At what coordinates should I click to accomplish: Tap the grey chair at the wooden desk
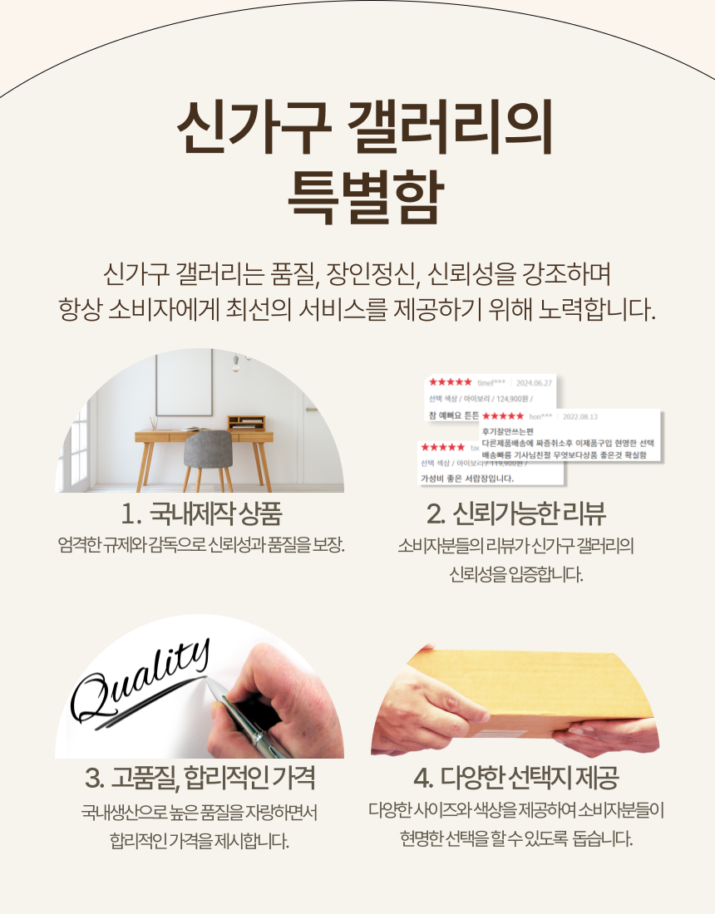[207, 453]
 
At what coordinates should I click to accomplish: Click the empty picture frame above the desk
[185, 382]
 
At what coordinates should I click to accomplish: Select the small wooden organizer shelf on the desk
[246, 423]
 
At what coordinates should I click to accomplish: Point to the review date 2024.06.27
[535, 383]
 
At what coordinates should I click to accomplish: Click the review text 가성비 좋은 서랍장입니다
[466, 479]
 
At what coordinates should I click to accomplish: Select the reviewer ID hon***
[541, 415]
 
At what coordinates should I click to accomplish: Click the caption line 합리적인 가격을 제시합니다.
[200, 840]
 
